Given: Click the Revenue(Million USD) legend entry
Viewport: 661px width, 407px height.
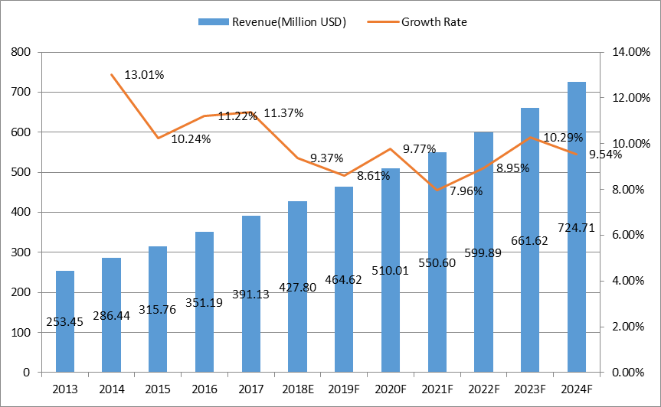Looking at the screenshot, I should [x=272, y=21].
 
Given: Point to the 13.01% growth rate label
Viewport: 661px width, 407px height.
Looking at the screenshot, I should [x=143, y=75].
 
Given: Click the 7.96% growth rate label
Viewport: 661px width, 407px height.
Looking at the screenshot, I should [x=466, y=191].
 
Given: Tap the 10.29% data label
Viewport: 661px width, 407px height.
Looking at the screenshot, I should [x=563, y=138].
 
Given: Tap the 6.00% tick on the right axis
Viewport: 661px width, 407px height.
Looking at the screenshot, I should [x=627, y=235].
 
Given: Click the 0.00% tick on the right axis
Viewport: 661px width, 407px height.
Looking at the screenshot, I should [x=627, y=373].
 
